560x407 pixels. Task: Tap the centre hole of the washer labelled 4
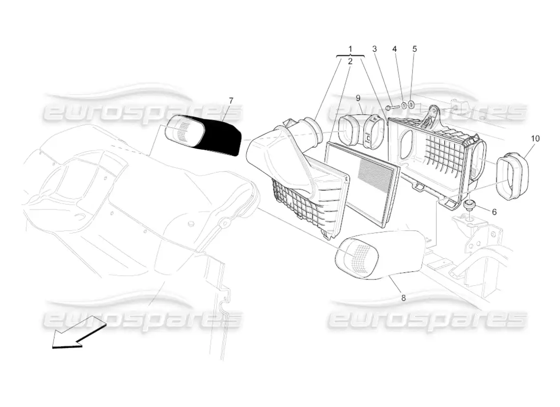[x=404, y=106]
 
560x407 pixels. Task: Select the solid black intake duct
[x=203, y=135]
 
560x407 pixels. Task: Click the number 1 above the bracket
[x=350, y=48]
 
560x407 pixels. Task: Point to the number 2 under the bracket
[x=350, y=62]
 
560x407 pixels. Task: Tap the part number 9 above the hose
[x=358, y=98]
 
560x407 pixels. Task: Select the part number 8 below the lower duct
[x=404, y=298]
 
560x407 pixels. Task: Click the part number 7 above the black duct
[x=231, y=101]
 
